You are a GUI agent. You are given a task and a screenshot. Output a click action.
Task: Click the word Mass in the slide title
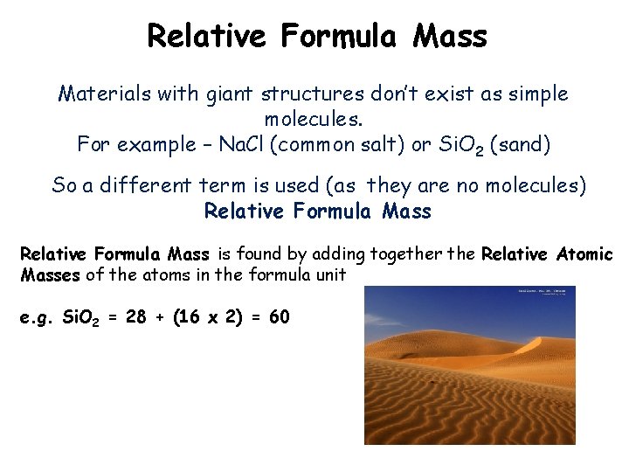click(450, 36)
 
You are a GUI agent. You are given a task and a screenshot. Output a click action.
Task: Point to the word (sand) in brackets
click(522, 144)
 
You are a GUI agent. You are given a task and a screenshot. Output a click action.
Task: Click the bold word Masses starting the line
click(50, 274)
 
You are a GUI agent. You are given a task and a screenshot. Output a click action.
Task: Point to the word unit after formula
click(328, 274)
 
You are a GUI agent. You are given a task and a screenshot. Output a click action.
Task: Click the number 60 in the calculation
click(280, 317)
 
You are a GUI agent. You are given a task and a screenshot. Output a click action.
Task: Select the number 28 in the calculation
click(136, 317)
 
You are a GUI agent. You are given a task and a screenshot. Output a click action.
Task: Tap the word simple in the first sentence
click(531, 94)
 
